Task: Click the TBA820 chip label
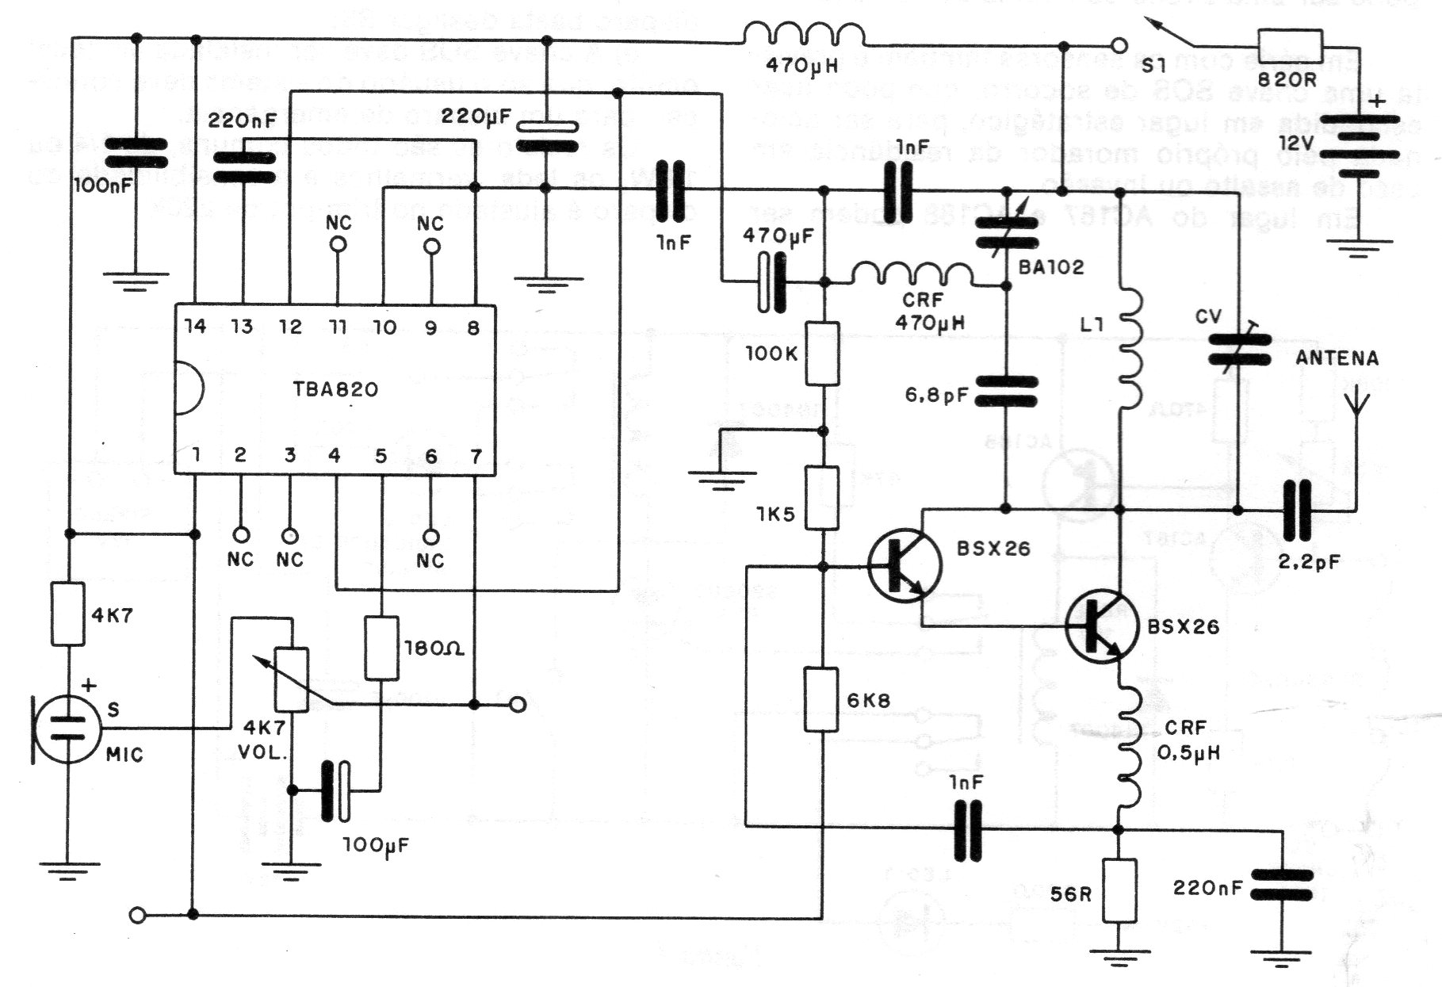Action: [x=336, y=389]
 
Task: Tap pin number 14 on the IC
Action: [x=195, y=326]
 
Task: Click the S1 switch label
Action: [x=1154, y=65]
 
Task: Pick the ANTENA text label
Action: [x=1337, y=358]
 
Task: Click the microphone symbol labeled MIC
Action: [x=68, y=729]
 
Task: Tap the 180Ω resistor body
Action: [x=381, y=648]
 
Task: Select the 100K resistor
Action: [x=823, y=354]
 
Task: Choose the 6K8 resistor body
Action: [x=822, y=699]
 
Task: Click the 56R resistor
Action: [x=1119, y=890]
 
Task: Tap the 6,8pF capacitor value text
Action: [x=936, y=394]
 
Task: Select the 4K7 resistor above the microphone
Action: [x=68, y=614]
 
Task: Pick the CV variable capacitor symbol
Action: [x=1239, y=350]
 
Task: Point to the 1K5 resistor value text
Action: [x=776, y=515]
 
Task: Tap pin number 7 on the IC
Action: [x=476, y=456]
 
